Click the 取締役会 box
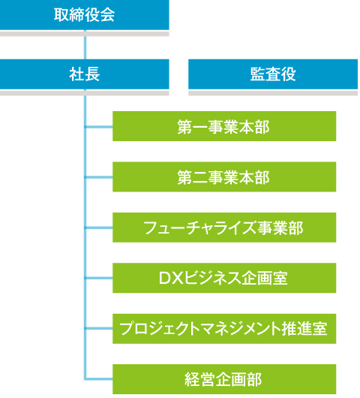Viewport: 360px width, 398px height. [85, 15]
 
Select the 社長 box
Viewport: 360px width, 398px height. [85, 74]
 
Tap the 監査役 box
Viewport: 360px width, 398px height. [273, 74]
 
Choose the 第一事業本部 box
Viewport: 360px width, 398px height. [224, 126]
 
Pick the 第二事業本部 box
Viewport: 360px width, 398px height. [224, 176]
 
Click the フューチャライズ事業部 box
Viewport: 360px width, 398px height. [224, 228]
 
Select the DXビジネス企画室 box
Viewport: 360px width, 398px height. [224, 278]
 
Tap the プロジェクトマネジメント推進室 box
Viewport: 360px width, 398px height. [224, 329]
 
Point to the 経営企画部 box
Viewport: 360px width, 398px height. [224, 379]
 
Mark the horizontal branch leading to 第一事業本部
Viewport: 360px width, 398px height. [98, 127]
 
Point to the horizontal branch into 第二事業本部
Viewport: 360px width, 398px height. [98, 177]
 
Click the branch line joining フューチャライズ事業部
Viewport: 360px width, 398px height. [98, 228]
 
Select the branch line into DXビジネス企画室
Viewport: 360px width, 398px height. [98, 278]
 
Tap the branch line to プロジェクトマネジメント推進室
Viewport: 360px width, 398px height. [98, 328]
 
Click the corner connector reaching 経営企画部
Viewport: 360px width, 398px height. [85, 379]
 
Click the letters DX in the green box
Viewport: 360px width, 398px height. [171, 278]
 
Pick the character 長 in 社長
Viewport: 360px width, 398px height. [92, 74]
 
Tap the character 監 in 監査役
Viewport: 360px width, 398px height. [257, 74]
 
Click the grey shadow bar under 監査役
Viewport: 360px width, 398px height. [273, 92]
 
